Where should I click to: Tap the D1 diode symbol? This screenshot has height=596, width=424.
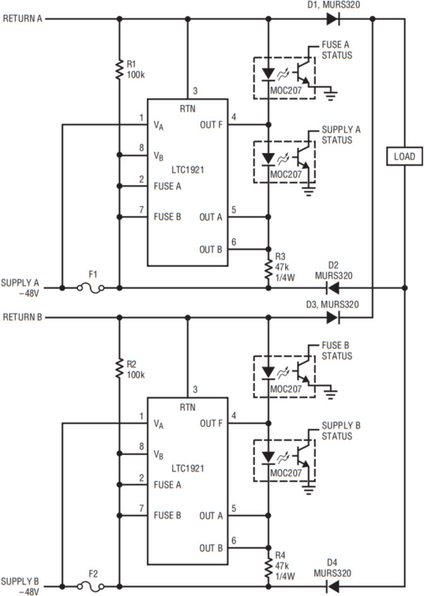pyautogui.click(x=332, y=19)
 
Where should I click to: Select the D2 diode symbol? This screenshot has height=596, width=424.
pyautogui.click(x=331, y=288)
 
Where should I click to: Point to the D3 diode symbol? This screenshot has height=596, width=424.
pyautogui.click(x=332, y=318)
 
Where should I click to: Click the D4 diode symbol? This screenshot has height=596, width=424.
pyautogui.click(x=331, y=587)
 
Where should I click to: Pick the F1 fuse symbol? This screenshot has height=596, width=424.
pyautogui.click(x=89, y=288)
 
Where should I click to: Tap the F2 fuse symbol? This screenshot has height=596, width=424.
pyautogui.click(x=89, y=587)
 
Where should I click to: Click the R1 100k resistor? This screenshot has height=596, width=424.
pyautogui.click(x=118, y=69)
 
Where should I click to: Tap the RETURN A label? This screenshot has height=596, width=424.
pyautogui.click(x=22, y=19)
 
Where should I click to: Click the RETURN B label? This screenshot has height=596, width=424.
pyautogui.click(x=22, y=318)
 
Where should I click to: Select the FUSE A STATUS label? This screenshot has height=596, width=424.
pyautogui.click(x=336, y=51)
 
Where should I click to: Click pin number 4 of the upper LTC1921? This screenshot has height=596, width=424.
pyautogui.click(x=234, y=117)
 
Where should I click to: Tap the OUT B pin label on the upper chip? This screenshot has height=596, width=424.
pyautogui.click(x=211, y=249)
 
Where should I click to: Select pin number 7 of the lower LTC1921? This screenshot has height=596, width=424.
pyautogui.click(x=142, y=508)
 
